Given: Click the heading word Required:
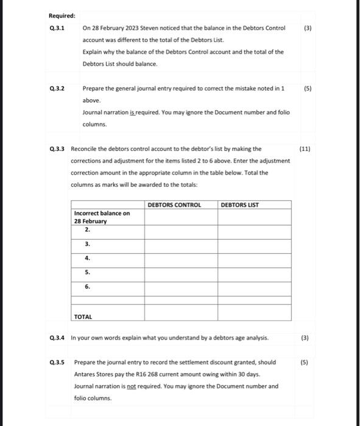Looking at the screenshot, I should coord(62,16).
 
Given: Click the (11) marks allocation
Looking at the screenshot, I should coord(305,148).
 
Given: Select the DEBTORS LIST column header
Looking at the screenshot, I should coord(240,205).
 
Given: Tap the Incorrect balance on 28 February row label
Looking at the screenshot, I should coord(101,217).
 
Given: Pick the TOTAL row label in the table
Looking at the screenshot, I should coord(84,316).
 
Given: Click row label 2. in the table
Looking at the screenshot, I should coord(88,230).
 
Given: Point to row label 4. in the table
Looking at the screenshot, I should coord(88,257).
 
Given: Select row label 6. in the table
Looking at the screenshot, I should coord(88,285).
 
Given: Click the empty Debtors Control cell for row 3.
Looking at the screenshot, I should coord(180,244).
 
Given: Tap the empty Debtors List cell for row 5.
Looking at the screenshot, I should coord(254,272).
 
